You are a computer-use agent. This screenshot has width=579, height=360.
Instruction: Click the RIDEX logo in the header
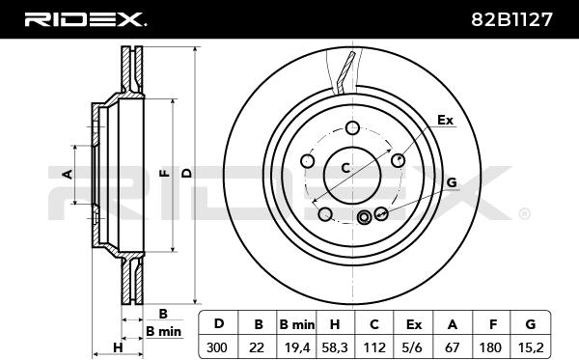coord(85,19)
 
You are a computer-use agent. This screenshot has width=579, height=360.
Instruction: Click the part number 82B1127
coord(511,19)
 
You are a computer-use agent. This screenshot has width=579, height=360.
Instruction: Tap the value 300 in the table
coord(217,347)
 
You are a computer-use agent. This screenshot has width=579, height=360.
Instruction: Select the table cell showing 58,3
coord(335,347)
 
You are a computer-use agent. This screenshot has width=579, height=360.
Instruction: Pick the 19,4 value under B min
coord(297,347)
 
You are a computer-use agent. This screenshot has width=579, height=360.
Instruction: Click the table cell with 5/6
coord(414,347)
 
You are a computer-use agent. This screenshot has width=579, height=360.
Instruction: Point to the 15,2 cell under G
coord(531,347)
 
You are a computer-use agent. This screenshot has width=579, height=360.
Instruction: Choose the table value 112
coord(374,347)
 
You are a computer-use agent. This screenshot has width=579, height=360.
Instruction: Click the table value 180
coord(491,347)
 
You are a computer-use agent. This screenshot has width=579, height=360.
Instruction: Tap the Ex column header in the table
coord(414,324)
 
